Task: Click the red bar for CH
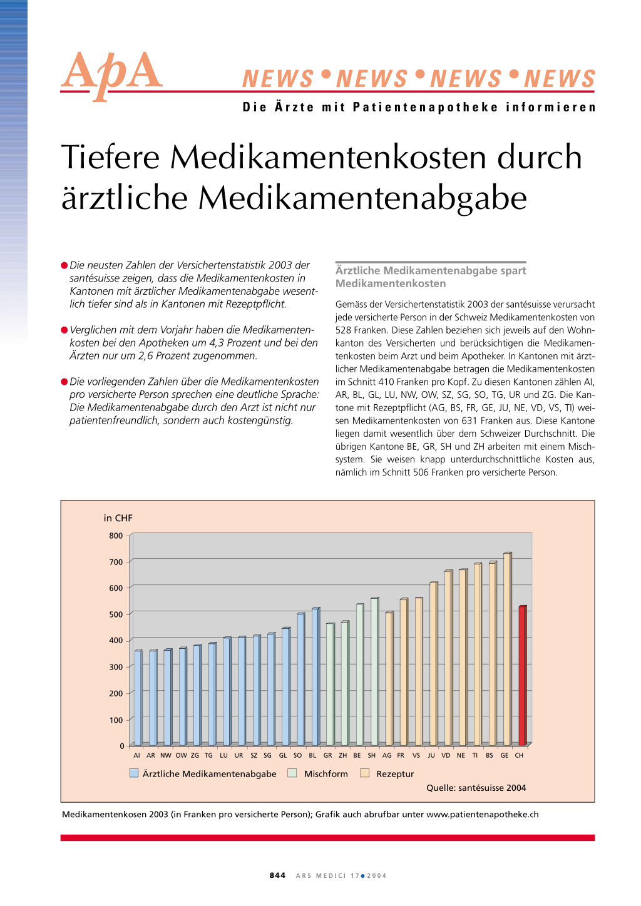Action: click(x=523, y=676)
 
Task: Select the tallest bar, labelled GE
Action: click(x=508, y=649)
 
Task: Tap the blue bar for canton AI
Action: click(x=138, y=698)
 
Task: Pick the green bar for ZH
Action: click(x=345, y=683)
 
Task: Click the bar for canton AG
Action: click(x=389, y=679)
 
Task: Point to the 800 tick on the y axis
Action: click(x=116, y=536)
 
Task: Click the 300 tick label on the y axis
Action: click(x=116, y=667)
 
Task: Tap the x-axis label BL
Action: click(x=312, y=755)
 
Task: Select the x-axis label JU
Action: click(x=431, y=755)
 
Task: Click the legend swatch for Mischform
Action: click(x=292, y=773)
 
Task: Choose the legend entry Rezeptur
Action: click(x=387, y=774)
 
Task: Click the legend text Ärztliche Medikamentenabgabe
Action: click(x=209, y=774)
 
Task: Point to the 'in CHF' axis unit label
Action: click(x=118, y=518)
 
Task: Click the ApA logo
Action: click(x=111, y=75)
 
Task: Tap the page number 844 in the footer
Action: click(x=277, y=875)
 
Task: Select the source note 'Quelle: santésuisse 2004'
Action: click(x=476, y=788)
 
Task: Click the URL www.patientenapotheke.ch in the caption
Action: click(x=483, y=815)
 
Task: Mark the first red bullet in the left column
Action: click(x=64, y=265)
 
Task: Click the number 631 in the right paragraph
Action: click(x=469, y=420)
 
